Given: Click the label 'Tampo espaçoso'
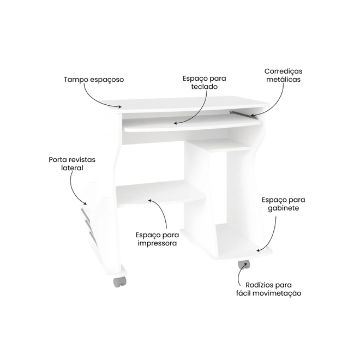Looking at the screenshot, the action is coord(94,80).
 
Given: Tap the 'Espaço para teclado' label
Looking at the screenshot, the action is coord(205,82).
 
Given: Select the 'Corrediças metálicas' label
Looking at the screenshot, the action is coord(283,75).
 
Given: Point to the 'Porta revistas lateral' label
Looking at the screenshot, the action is coord(72,164).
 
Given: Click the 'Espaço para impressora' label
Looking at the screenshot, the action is coord(157,239).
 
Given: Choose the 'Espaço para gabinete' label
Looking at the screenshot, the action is coord(283,204).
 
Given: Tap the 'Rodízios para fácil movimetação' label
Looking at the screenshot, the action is coord(268,289).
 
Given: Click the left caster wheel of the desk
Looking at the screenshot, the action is coord(119,281).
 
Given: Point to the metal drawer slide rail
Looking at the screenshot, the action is coord(243,114).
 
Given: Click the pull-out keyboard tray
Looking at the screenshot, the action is coord(192,124).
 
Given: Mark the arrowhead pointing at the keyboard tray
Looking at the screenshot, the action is coord(176,123).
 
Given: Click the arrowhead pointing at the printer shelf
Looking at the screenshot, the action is coord(150,201).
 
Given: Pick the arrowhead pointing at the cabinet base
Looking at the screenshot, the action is coord(259,250).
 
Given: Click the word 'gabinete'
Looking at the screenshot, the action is coord(283,208).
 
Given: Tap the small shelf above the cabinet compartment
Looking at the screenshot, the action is coord(219,145).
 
